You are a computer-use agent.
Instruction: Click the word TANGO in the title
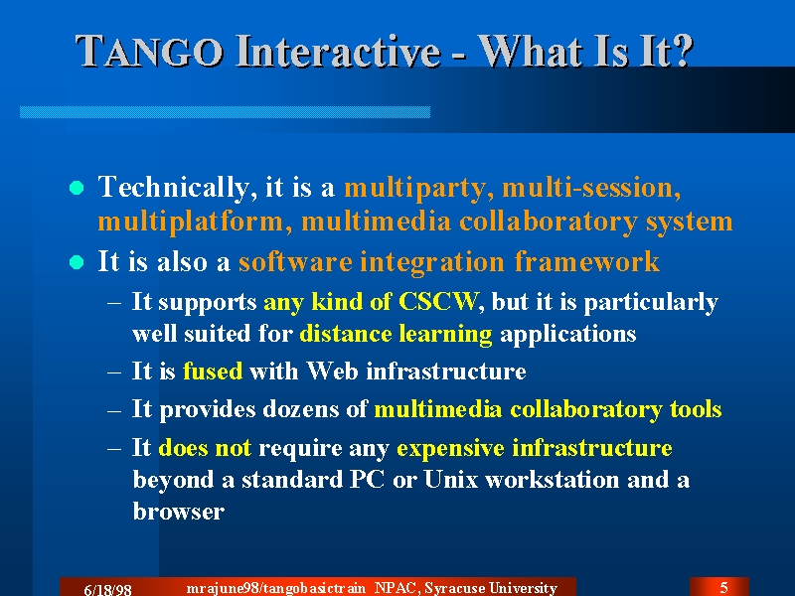pyautogui.click(x=149, y=52)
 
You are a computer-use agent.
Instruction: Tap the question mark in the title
pyautogui.click(x=682, y=51)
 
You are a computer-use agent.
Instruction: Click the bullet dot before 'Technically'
pyautogui.click(x=77, y=188)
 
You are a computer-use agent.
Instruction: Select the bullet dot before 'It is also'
pyautogui.click(x=77, y=262)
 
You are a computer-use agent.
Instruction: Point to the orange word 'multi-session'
pyautogui.click(x=591, y=188)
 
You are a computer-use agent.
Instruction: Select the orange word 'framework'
pyautogui.click(x=586, y=262)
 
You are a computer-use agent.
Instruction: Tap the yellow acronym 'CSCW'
pyautogui.click(x=438, y=302)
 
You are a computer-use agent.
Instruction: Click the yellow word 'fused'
pyautogui.click(x=213, y=371)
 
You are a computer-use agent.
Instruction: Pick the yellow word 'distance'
pyautogui.click(x=345, y=334)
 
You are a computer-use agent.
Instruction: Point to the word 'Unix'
pyautogui.click(x=451, y=479)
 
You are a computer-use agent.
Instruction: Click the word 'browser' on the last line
pyautogui.click(x=179, y=512)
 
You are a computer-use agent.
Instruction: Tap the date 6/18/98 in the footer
pyautogui.click(x=107, y=589)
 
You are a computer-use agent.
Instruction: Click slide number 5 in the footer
pyautogui.click(x=724, y=587)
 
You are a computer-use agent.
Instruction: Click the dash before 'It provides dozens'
pyautogui.click(x=114, y=409)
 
